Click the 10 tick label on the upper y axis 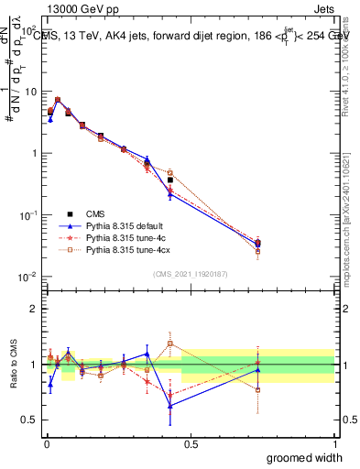click(30, 92)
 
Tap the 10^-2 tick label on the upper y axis click(28, 277)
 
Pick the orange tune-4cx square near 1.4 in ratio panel click(170, 344)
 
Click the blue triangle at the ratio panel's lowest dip click(170, 405)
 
